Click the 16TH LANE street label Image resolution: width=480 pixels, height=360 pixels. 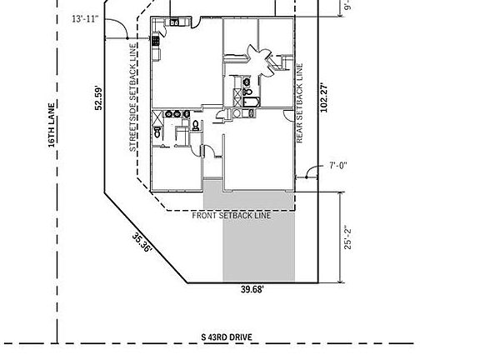(52, 125)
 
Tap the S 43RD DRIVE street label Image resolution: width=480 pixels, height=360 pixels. (227, 337)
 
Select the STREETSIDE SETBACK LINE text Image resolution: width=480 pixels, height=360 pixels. (132, 97)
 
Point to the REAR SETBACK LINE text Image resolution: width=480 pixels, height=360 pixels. (300, 103)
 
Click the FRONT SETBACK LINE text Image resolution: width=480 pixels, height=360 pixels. (232, 216)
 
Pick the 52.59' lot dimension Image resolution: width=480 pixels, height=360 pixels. (98, 97)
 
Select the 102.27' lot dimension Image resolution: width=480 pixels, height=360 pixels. (323, 97)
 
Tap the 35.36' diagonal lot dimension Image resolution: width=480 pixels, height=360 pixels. (142, 242)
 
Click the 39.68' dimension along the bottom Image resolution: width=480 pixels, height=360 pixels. (252, 289)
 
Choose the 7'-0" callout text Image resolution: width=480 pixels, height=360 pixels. (338, 166)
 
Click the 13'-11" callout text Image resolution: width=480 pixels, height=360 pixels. (85, 19)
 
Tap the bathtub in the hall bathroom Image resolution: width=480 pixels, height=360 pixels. (252, 102)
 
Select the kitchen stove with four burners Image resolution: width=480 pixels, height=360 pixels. (156, 41)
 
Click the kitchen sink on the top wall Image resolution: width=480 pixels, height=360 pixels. (174, 22)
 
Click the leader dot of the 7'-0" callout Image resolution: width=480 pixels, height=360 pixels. (307, 177)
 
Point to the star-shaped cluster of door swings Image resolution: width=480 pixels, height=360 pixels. (259, 57)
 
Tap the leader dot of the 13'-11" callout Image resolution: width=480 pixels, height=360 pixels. (127, 38)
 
